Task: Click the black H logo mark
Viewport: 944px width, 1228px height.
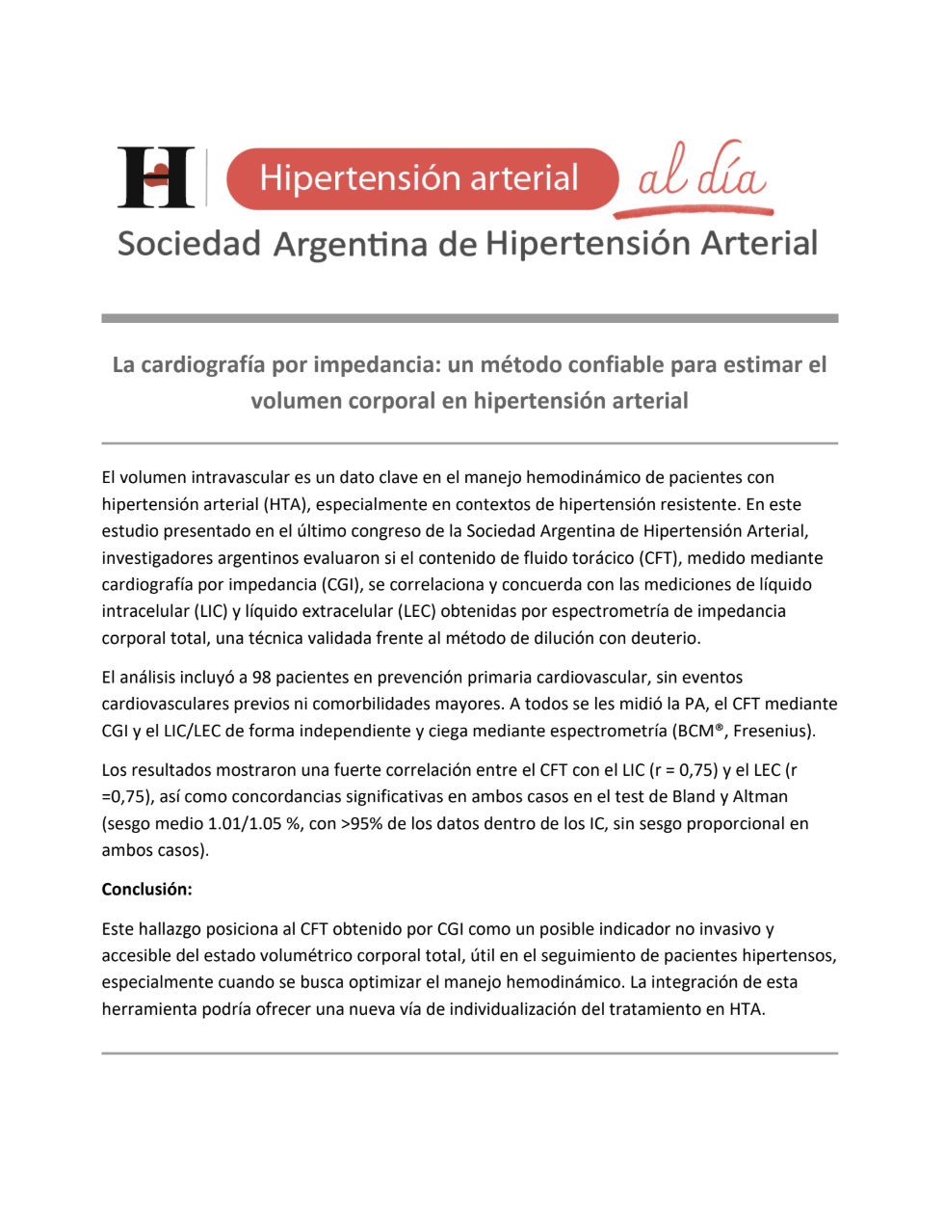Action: [156, 177]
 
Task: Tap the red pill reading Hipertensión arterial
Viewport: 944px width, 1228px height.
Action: [421, 178]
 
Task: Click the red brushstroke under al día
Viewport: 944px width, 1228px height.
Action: [694, 209]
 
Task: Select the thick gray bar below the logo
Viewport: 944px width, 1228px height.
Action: [469, 318]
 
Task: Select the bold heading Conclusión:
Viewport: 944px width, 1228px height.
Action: [146, 889]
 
